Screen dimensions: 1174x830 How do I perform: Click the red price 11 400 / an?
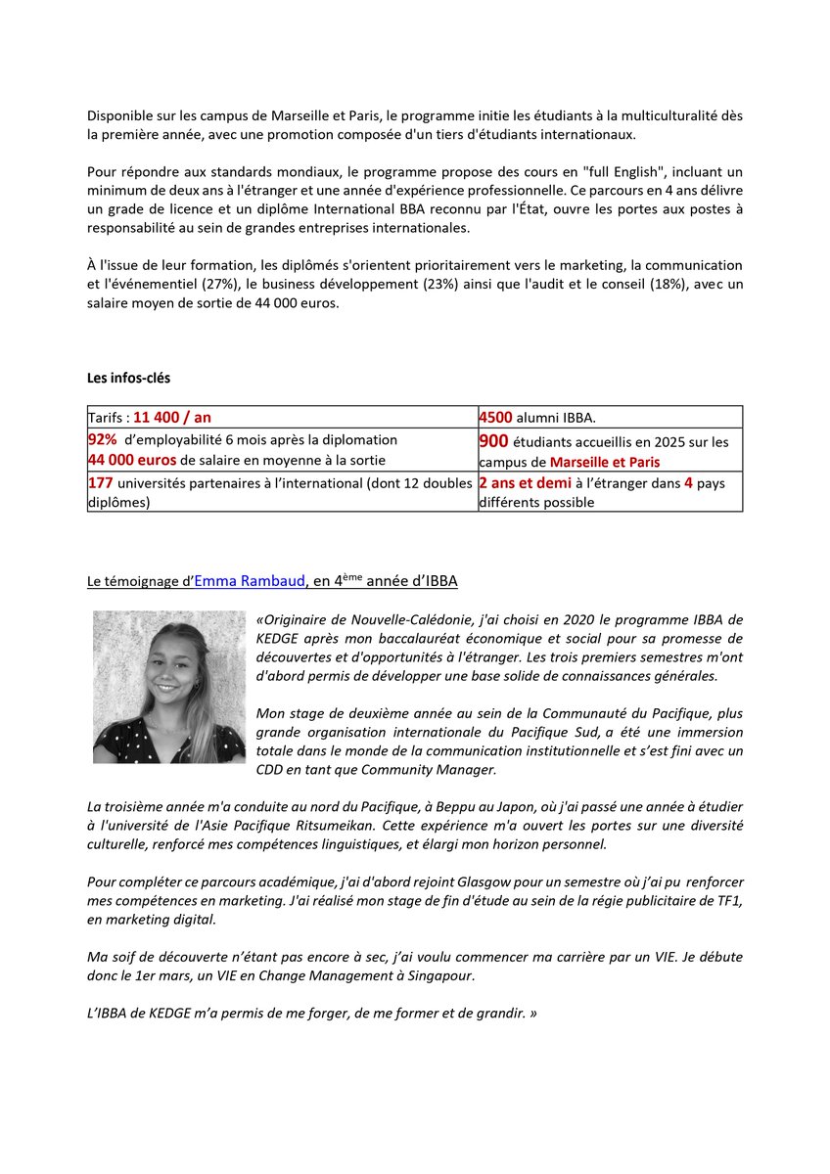(172, 417)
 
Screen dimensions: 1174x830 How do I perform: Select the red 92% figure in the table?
(103, 439)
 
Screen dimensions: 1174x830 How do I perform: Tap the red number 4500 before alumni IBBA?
(496, 417)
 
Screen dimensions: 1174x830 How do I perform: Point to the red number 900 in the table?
(493, 441)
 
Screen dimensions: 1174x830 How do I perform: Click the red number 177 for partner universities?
(101, 482)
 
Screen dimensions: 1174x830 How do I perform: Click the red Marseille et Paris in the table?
(605, 462)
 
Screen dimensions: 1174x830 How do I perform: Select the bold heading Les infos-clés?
(128, 377)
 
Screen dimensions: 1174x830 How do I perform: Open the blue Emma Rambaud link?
(250, 581)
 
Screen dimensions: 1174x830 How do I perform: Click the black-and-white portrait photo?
(169, 687)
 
